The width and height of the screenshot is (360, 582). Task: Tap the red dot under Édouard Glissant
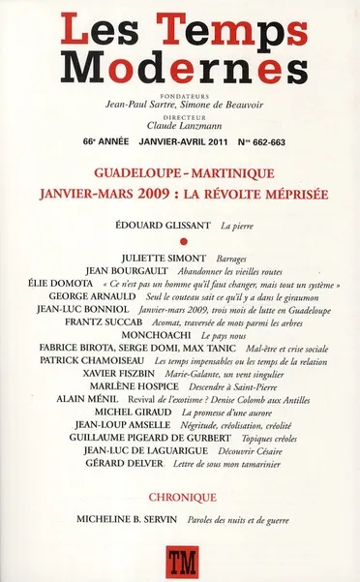(181, 243)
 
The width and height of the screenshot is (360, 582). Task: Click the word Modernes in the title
(179, 69)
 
